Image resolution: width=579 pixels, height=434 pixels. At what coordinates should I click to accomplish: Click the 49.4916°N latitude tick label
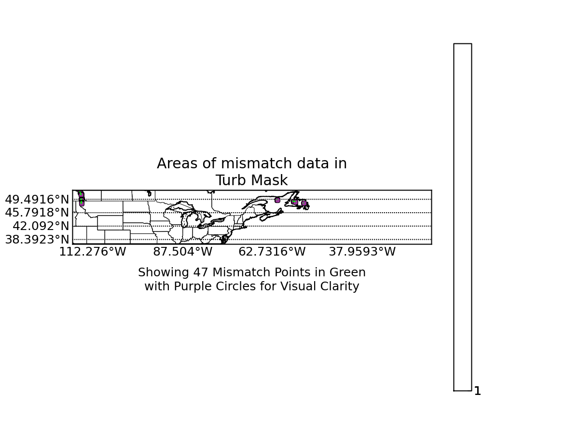37,200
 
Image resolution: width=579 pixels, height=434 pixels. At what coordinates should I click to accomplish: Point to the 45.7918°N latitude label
37,213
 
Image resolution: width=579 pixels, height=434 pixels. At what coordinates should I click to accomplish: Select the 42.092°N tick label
41,226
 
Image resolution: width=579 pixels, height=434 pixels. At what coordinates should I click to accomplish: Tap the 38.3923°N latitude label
37,240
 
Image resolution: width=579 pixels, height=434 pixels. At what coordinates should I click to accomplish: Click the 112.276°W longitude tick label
93,252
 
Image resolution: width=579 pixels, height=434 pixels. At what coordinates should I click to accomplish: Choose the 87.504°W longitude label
182,252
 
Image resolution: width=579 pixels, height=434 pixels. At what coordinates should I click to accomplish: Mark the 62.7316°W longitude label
272,252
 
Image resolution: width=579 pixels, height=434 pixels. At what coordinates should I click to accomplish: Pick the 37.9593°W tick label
362,252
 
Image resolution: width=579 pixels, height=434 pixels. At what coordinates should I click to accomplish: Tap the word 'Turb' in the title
231,180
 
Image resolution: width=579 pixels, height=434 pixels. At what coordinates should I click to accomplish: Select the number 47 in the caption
200,272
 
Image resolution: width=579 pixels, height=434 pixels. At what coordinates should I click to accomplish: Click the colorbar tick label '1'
478,391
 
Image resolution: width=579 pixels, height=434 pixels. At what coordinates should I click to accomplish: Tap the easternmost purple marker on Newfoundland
304,203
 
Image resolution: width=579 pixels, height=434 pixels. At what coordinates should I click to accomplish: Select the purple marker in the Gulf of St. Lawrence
277,200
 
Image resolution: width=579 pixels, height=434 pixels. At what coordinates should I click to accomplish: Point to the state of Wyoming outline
110,223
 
